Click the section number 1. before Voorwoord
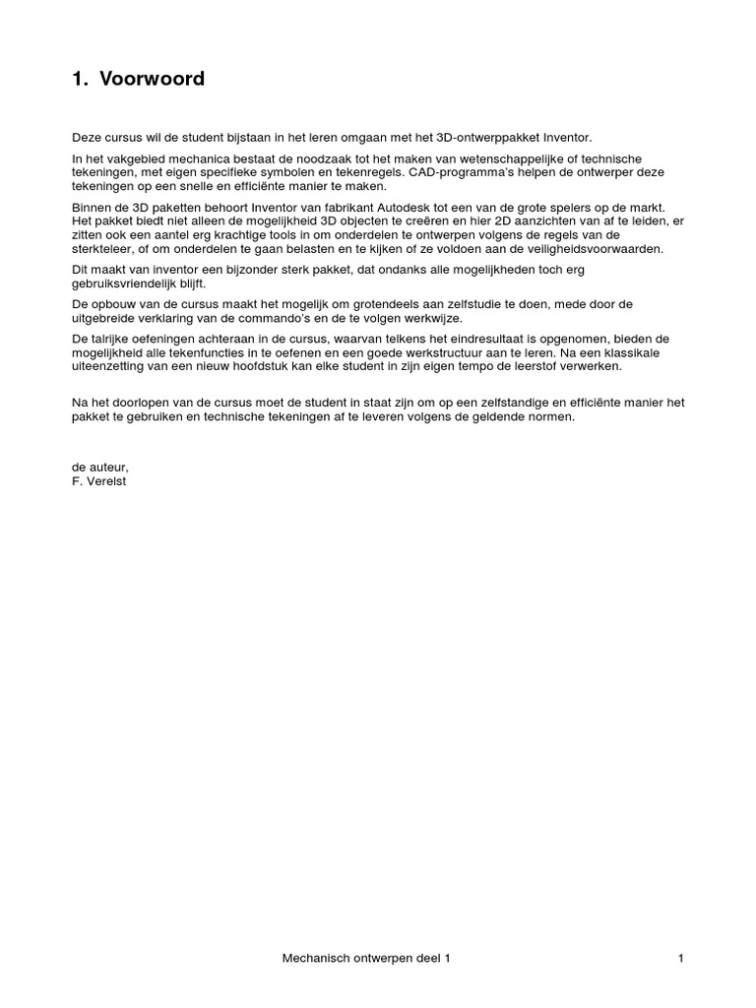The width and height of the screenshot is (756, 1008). point(80,80)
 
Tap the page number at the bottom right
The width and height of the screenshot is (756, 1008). point(680,957)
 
